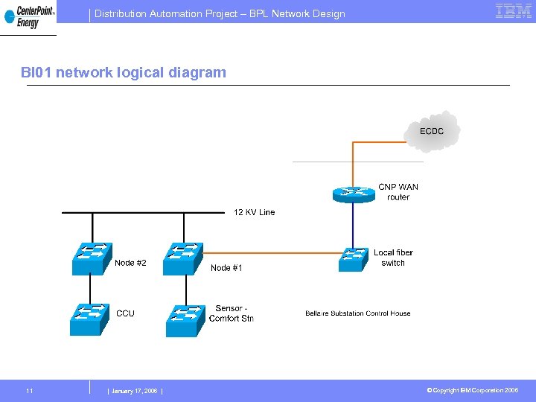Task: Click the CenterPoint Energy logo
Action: [x=28, y=16]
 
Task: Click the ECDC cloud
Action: [x=433, y=132]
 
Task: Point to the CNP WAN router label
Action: [x=398, y=192]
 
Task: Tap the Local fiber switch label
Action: [x=393, y=258]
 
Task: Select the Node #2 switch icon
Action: [x=92, y=258]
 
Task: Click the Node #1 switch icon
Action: [x=183, y=258]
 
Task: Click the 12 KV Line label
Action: [x=254, y=212]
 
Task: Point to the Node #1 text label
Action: [x=226, y=268]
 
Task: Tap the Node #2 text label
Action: [x=130, y=263]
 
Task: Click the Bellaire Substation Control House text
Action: [x=357, y=313]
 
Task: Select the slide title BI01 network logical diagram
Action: [x=124, y=72]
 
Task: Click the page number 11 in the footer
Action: [x=29, y=391]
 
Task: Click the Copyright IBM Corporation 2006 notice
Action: [x=472, y=391]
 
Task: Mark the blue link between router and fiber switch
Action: [x=353, y=226]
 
